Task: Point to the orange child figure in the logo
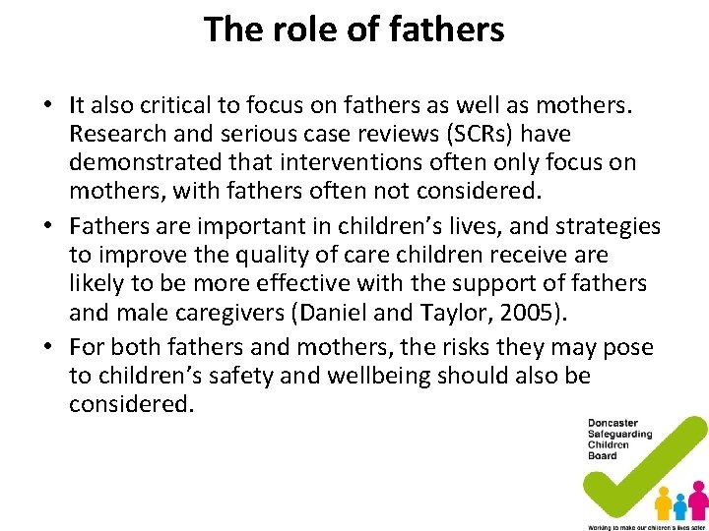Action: pos(664,502)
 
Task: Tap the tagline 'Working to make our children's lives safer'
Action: pos(646,526)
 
